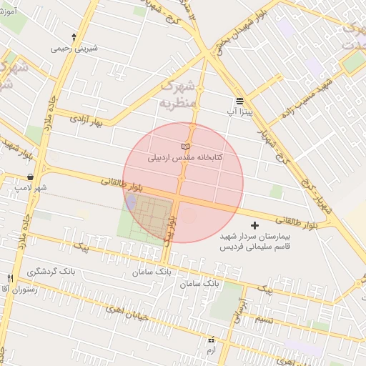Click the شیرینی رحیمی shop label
click(74, 49)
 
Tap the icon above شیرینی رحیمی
click(74, 36)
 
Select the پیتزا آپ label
click(239, 112)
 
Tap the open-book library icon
click(186, 146)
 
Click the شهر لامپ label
click(31, 187)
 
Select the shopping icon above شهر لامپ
click(30, 176)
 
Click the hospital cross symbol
click(255, 225)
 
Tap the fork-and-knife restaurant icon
click(10, 278)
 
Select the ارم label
click(210, 351)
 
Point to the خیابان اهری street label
click(126, 310)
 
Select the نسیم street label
click(264, 319)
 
